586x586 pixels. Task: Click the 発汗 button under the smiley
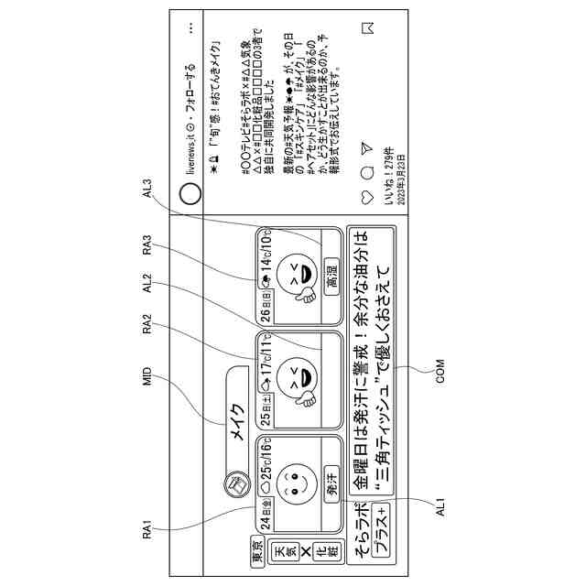pos(332,485)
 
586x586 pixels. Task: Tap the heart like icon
pos(367,194)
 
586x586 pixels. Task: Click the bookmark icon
pos(367,27)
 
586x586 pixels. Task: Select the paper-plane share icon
pos(367,146)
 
